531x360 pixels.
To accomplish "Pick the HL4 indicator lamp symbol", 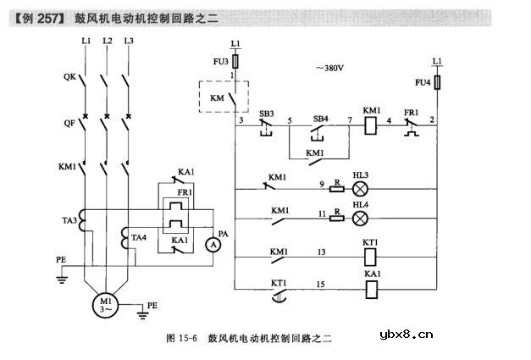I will [x=360, y=218].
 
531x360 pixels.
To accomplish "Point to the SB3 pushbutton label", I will [x=267, y=113].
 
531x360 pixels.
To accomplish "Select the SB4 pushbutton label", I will [x=320, y=113].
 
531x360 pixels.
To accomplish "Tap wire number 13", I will [x=321, y=252].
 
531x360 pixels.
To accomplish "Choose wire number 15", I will [x=321, y=285].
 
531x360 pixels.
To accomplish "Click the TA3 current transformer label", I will [x=68, y=221].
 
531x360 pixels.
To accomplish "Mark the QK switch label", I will [x=69, y=77].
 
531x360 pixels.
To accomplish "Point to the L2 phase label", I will [x=107, y=41].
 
